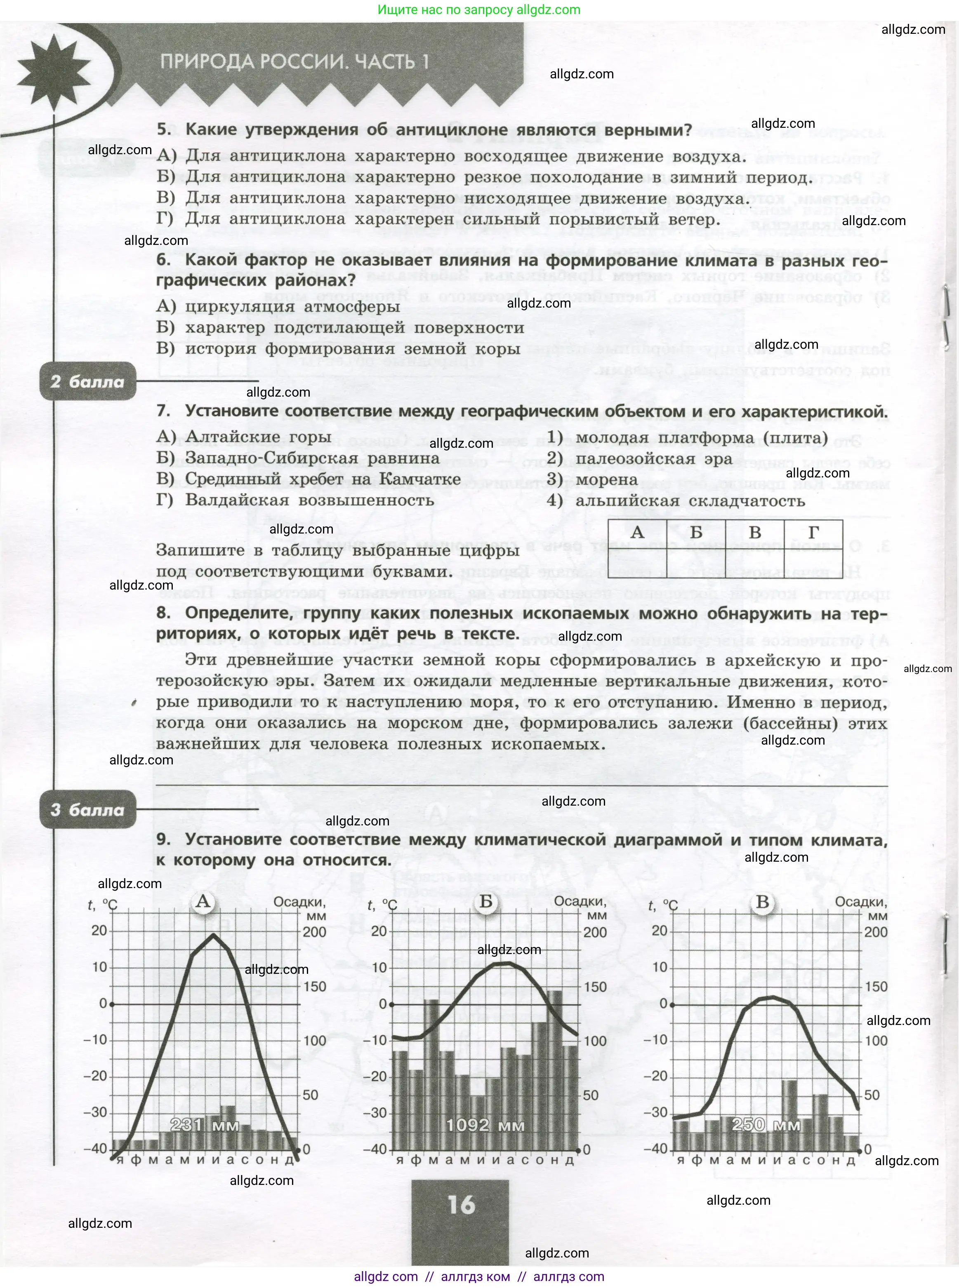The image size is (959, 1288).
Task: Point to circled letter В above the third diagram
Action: coord(762,902)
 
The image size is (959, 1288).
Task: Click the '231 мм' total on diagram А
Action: coord(205,1124)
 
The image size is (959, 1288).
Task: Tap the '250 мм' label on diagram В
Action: coord(766,1124)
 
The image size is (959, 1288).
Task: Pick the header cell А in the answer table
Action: coord(637,532)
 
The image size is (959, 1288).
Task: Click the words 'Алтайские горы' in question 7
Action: coord(258,437)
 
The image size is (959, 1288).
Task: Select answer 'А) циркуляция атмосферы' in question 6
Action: coord(279,306)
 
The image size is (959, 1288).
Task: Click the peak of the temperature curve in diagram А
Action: coord(214,934)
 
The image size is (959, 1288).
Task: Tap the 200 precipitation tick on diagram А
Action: coord(315,932)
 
